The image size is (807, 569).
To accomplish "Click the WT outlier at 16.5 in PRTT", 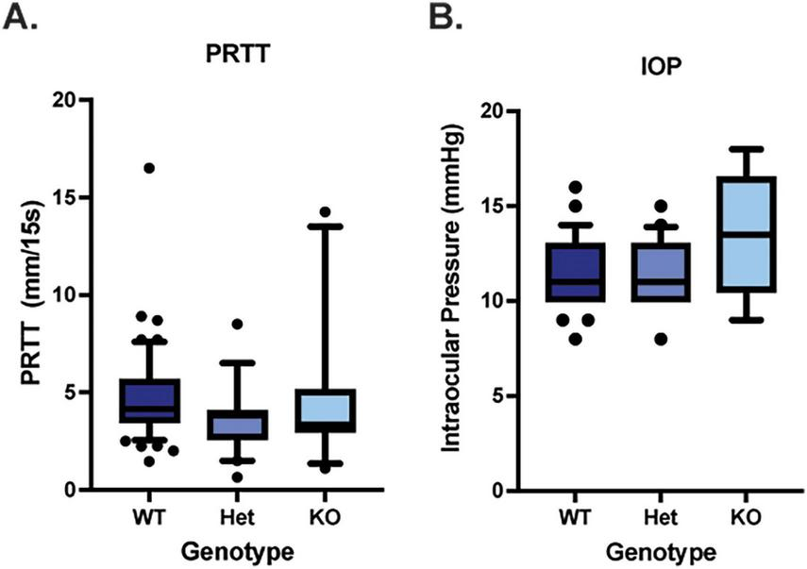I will [x=148, y=168].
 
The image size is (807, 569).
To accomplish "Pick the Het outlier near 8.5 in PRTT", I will [x=237, y=324].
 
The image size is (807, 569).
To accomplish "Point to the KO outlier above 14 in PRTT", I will [x=326, y=211].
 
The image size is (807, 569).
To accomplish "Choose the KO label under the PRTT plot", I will [x=326, y=516].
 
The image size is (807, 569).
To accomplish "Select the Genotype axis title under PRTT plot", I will [x=237, y=550].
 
